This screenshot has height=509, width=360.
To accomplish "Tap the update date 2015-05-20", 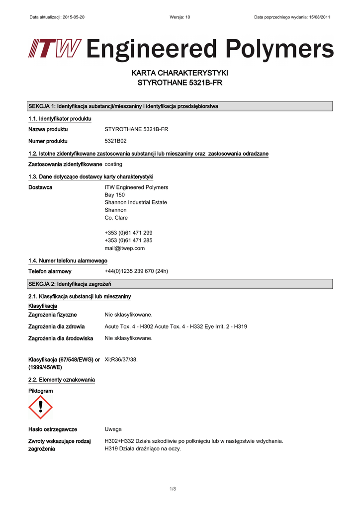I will point(73,17).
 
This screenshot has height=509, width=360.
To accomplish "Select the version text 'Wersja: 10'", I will point(180,17).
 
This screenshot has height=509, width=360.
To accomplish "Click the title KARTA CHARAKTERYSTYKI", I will point(180,73).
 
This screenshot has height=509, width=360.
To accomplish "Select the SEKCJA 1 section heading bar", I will point(180,106).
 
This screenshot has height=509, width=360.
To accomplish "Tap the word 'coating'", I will point(113,164).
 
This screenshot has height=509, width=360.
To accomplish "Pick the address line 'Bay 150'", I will point(114,195).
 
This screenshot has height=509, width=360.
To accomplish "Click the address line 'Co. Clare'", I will point(116,218).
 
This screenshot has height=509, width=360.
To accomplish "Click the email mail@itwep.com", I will point(124,248).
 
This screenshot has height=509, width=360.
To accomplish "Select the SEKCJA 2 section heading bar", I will point(180,284).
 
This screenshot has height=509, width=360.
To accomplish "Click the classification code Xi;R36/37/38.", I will point(121,359).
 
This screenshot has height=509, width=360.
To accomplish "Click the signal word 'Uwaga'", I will point(113,429).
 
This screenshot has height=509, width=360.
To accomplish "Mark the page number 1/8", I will point(173,489).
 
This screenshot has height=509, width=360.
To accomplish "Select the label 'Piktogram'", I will point(41,391).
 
